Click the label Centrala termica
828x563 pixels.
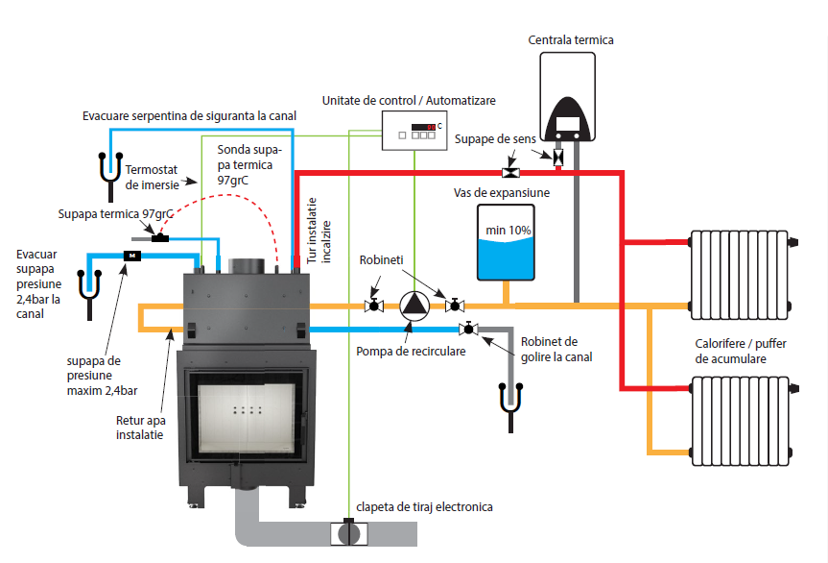click(x=571, y=39)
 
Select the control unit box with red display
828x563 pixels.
click(x=414, y=131)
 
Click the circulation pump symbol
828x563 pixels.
click(x=414, y=305)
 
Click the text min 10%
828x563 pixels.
click(x=508, y=231)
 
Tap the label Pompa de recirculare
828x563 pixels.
click(x=410, y=351)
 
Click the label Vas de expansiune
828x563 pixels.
click(x=501, y=192)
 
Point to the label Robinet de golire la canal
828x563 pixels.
click(x=556, y=349)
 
